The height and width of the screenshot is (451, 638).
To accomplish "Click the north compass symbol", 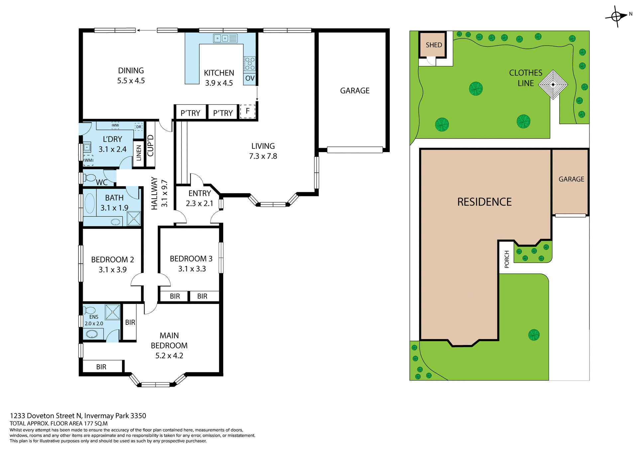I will pyautogui.click(x=617, y=16).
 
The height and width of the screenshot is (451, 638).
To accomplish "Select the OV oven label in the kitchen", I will pyautogui.click(x=250, y=78).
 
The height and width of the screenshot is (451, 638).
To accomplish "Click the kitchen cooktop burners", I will pyautogui.click(x=250, y=63).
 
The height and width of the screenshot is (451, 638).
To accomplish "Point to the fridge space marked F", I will pyautogui.click(x=248, y=111).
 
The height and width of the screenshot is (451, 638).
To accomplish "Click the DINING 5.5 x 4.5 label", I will pyautogui.click(x=131, y=75).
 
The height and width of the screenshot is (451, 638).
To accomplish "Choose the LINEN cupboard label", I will pyautogui.click(x=139, y=153).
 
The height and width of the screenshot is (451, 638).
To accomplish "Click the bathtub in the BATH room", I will pyautogui.click(x=90, y=203).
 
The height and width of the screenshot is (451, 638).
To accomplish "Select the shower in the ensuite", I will pyautogui.click(x=113, y=312).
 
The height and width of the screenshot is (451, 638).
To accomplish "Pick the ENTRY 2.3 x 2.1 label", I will pyautogui.click(x=199, y=198).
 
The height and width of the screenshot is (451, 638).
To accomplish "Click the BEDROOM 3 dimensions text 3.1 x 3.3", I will pyautogui.click(x=192, y=269).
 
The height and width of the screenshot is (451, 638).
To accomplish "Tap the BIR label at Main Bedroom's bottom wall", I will pyautogui.click(x=101, y=367).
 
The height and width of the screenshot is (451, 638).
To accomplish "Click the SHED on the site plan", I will pyautogui.click(x=434, y=45).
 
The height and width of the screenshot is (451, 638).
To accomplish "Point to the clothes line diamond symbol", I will pyautogui.click(x=553, y=84).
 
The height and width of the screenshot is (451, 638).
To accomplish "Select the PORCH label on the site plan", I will pyautogui.click(x=506, y=259).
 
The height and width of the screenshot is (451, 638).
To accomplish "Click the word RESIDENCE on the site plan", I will pyautogui.click(x=484, y=202).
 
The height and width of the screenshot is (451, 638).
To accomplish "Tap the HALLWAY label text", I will pyautogui.click(x=154, y=193).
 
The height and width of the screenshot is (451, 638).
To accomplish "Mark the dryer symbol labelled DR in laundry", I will pyautogui.click(x=139, y=127).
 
